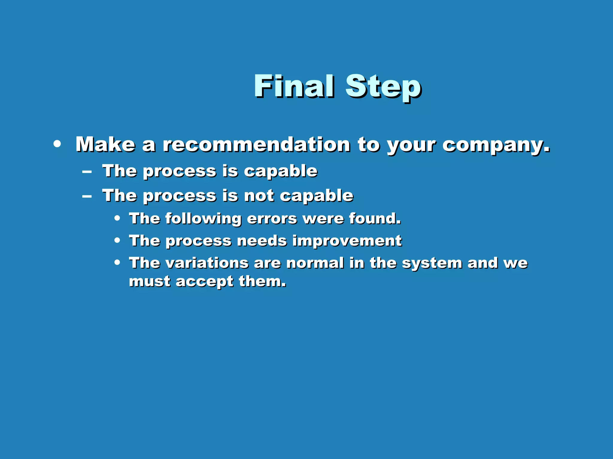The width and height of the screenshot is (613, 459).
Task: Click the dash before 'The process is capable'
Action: pyautogui.click(x=87, y=172)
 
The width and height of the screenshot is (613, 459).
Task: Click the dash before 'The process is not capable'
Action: pyautogui.click(x=87, y=196)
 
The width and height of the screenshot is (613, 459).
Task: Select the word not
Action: pyautogui.click(x=259, y=196)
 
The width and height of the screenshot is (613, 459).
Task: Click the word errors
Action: pyautogui.click(x=272, y=219)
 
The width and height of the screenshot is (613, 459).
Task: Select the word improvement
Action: pyautogui.click(x=347, y=241)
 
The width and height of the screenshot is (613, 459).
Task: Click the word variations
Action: pyautogui.click(x=207, y=263)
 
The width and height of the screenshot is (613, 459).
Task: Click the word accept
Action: pyautogui.click(x=204, y=282)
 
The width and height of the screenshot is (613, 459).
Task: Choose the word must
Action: pyautogui.click(x=149, y=282)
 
